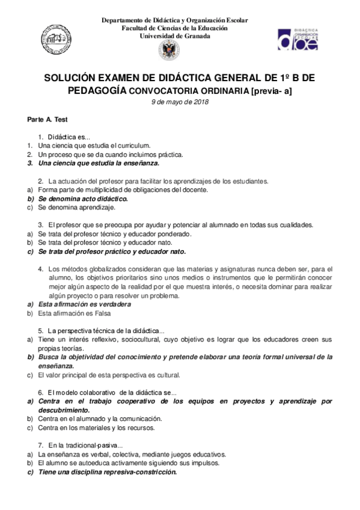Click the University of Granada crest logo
pyautogui.click(x=168, y=50)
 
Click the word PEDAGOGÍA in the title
pyautogui.click(x=96, y=90)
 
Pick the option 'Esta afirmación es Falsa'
pyautogui.click(x=75, y=313)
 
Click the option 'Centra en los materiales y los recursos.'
pyautogui.click(x=96, y=428)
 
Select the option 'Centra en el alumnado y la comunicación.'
pyautogui.click(x=99, y=419)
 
